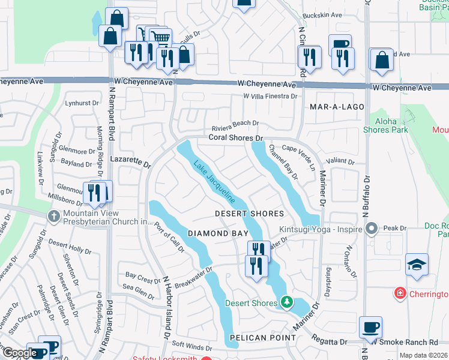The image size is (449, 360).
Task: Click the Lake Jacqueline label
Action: pyautogui.click(x=214, y=181)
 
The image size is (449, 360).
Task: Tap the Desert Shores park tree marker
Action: pyautogui.click(x=287, y=303)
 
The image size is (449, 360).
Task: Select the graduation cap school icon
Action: pyautogui.click(x=417, y=265)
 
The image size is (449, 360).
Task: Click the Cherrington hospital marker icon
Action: pyautogui.click(x=399, y=293)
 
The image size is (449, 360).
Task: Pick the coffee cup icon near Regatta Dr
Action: pyautogui.click(x=370, y=328)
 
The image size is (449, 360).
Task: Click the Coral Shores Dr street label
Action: pyautogui.click(x=237, y=137)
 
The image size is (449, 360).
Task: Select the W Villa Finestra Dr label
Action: pyautogui.click(x=270, y=96)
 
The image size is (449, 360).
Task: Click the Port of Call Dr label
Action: pyautogui.click(x=169, y=238)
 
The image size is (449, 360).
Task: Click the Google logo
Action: pyautogui.click(x=19, y=353)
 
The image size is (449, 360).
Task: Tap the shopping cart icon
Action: pyautogui.click(x=158, y=38)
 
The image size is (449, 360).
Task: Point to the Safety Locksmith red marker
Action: pyautogui.click(x=206, y=358)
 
